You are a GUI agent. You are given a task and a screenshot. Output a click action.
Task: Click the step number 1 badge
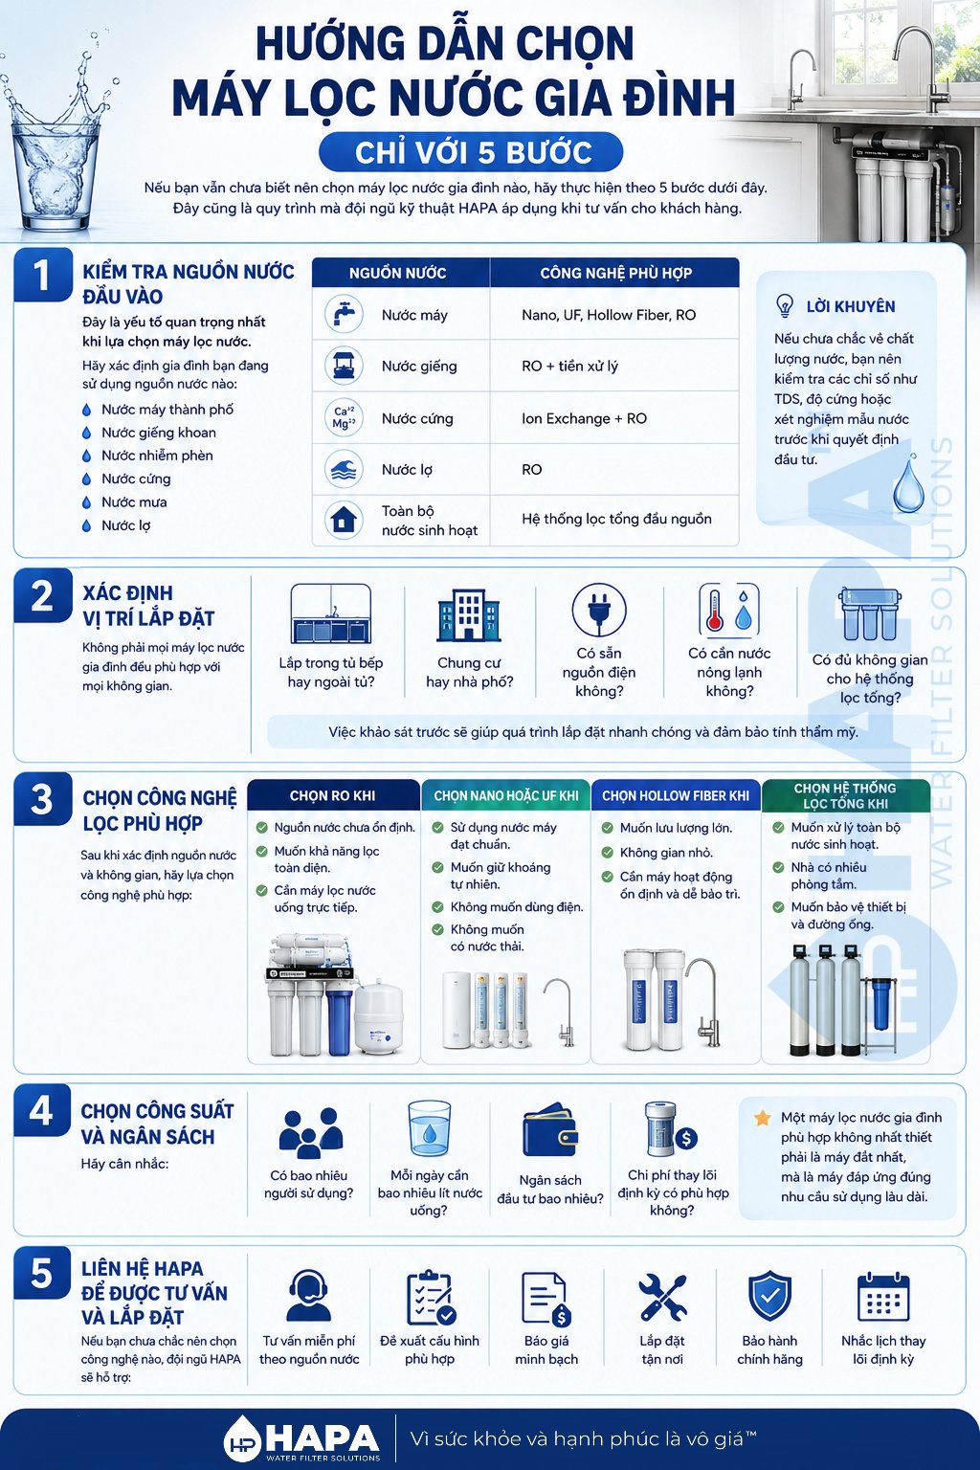[43, 275]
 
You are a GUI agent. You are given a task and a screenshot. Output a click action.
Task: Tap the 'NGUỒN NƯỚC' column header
[398, 273]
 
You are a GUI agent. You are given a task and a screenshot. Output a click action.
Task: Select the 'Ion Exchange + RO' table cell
[584, 418]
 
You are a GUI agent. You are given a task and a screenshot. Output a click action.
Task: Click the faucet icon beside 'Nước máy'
[344, 314]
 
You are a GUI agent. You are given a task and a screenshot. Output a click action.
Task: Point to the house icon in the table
[344, 520]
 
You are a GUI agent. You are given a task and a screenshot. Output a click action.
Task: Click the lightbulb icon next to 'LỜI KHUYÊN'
[785, 306]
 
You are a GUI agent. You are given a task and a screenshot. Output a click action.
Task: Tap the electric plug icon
[599, 611]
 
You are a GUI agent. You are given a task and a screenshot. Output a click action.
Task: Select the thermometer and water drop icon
[729, 610]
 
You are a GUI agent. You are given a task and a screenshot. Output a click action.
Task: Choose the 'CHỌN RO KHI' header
[333, 795]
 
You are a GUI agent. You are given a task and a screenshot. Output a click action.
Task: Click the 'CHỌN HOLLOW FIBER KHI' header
[676, 795]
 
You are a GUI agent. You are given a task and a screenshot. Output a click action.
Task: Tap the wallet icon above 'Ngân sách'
[550, 1131]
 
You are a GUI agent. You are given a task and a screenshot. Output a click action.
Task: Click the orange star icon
[762, 1118]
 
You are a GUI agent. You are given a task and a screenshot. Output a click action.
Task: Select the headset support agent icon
[308, 1295]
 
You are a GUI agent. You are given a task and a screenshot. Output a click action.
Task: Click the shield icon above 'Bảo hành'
[769, 1295]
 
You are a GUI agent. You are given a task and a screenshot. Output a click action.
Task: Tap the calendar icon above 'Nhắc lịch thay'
[883, 1296]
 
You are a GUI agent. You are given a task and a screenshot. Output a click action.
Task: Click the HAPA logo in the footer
[301, 1439]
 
